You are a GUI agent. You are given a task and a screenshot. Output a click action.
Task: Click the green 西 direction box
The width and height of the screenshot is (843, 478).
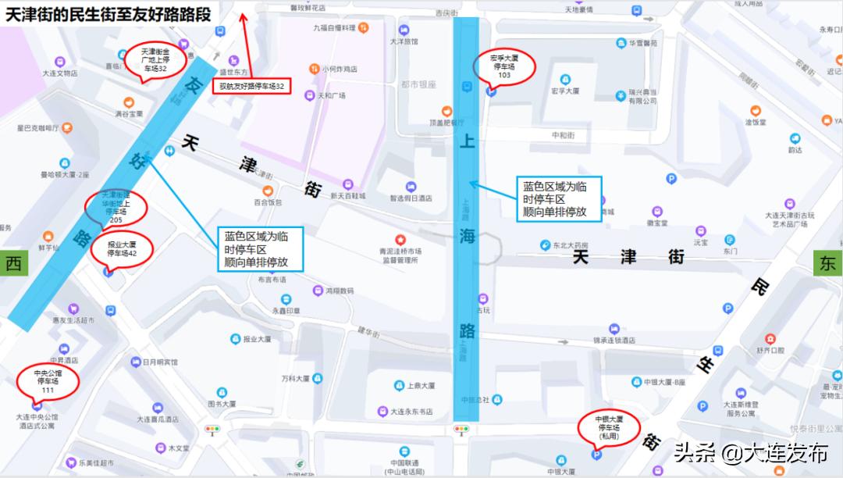tap(13, 264)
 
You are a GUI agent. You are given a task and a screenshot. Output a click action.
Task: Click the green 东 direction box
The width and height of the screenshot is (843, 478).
tap(827, 264)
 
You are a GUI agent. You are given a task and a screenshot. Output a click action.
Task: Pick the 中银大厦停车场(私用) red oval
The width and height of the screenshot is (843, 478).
tap(609, 428)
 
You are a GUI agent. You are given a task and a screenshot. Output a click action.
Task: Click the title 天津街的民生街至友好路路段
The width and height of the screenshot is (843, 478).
tap(108, 14)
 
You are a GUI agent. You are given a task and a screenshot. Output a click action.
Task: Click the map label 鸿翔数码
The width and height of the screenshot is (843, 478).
tap(340, 291)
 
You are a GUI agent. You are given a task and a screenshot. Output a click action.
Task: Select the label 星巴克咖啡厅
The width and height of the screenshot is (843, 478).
tap(38, 127)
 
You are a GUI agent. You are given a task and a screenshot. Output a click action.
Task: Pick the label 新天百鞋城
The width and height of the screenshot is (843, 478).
tap(347, 195)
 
